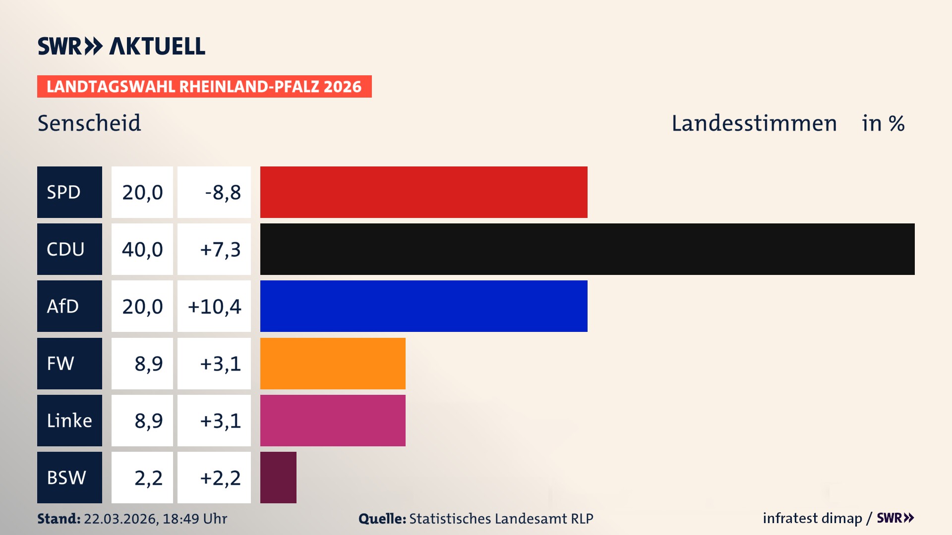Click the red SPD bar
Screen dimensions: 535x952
click(x=423, y=192)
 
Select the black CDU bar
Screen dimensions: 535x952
click(x=587, y=249)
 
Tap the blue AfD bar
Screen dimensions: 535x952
click(x=423, y=306)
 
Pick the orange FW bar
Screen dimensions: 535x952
click(x=333, y=363)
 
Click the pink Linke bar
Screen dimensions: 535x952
click(x=333, y=420)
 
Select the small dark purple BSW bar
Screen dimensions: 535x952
click(x=278, y=477)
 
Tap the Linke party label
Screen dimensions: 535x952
click(x=69, y=420)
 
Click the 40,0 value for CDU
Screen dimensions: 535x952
click(x=142, y=249)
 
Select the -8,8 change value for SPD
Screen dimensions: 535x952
click(x=223, y=192)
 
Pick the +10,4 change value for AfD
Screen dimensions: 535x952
click(x=214, y=306)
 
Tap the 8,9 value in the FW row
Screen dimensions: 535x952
click(x=148, y=363)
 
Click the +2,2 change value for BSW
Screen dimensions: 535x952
click(x=220, y=477)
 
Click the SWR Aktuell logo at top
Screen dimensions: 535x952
click(x=121, y=46)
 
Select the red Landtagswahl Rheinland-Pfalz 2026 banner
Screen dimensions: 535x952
click(x=204, y=86)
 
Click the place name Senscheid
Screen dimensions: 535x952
click(x=89, y=123)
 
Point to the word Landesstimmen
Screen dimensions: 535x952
click(x=754, y=123)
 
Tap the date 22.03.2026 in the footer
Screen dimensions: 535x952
click(x=120, y=519)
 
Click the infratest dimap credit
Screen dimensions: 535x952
click(x=812, y=518)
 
